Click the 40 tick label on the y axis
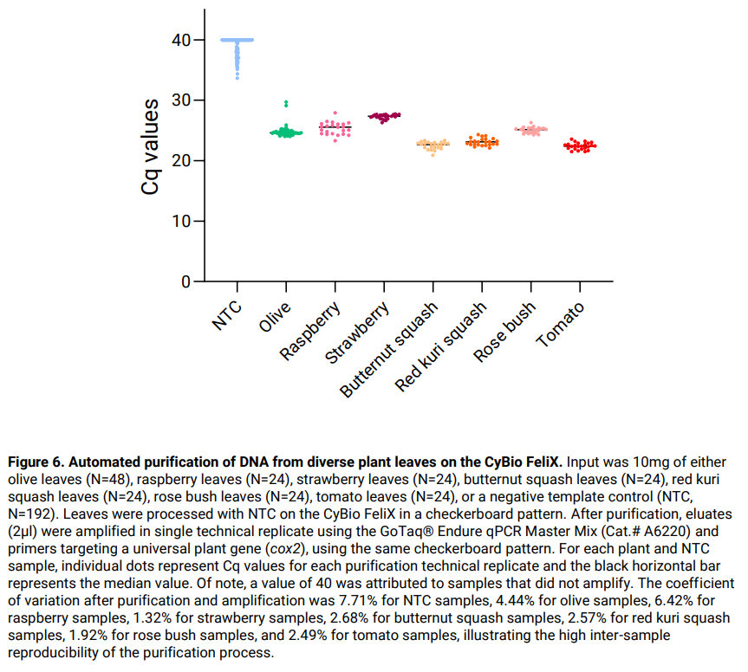pyautogui.click(x=180, y=40)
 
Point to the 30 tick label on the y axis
pyautogui.click(x=180, y=100)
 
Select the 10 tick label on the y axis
pyautogui.click(x=180, y=222)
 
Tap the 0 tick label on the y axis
pyautogui.click(x=185, y=282)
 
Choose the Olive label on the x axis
pyautogui.click(x=276, y=319)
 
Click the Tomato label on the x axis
pyautogui.click(x=561, y=325)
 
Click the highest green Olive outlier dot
pyautogui.click(x=286, y=102)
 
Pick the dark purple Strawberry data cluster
pyautogui.click(x=384, y=116)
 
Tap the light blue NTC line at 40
pyautogui.click(x=237, y=40)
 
